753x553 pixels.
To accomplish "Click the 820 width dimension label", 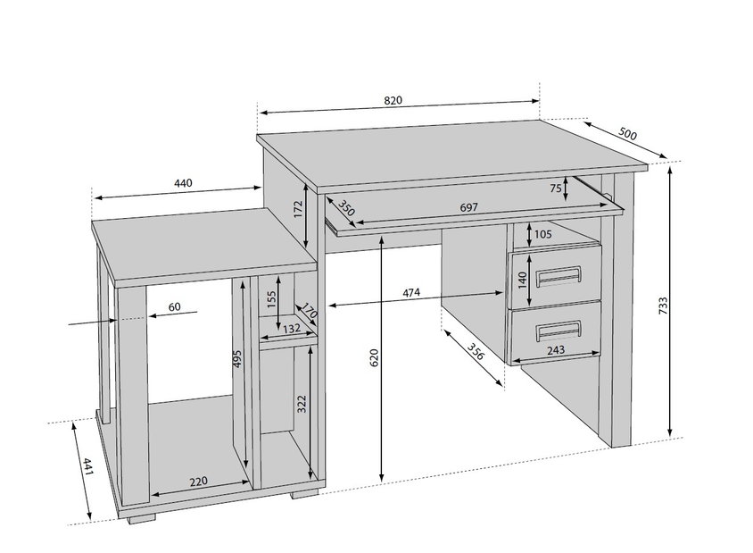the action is tap(393, 100).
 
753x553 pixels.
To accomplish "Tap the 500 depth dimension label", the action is tap(627, 133).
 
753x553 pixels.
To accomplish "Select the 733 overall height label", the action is tap(663, 306).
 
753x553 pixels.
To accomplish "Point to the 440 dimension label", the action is tap(183, 183).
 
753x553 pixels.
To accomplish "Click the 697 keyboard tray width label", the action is tap(468, 207).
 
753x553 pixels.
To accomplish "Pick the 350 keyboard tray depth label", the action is tap(346, 208).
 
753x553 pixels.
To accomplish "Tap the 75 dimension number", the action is tap(556, 188).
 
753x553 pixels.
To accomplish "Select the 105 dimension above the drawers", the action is tap(542, 235).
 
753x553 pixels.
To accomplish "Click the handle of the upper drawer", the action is tap(559, 276).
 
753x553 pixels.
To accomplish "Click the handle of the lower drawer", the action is tap(559, 331).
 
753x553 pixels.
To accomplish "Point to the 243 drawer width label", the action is tap(556, 349).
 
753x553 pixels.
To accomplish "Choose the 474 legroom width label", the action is tap(411, 292).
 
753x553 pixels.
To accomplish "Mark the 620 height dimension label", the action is tap(375, 358).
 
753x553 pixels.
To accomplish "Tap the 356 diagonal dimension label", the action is tap(476, 351).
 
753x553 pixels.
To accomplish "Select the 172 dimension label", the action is tap(298, 210).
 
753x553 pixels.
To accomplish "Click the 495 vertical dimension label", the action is tap(237, 359).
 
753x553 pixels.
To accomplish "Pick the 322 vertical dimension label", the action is tap(302, 404).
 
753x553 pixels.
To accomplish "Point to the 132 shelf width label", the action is tap(292, 329).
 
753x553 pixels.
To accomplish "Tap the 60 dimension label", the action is tap(175, 306).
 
